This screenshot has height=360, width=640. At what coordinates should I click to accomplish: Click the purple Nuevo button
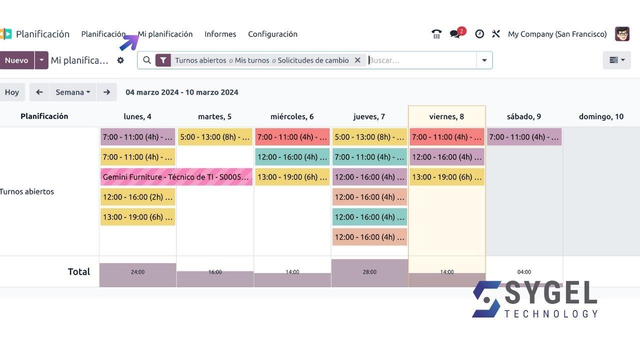[x=16, y=60]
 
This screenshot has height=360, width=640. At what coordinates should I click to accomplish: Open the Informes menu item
[x=220, y=34]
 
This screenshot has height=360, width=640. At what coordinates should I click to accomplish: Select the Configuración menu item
[x=272, y=34]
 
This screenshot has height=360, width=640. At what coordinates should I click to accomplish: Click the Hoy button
[x=12, y=92]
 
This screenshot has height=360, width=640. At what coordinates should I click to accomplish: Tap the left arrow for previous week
[x=39, y=92]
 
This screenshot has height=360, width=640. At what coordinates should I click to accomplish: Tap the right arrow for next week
[x=106, y=92]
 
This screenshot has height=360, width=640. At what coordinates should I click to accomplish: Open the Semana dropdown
[x=73, y=92]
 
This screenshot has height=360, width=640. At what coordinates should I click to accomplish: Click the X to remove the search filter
[x=357, y=60]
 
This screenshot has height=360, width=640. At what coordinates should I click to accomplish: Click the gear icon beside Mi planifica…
[x=120, y=60]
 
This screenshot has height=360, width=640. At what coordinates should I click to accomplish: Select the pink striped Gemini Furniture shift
[x=176, y=177]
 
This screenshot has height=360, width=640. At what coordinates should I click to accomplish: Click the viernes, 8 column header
[x=446, y=116]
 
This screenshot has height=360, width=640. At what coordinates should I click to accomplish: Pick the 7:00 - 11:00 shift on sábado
[x=524, y=137]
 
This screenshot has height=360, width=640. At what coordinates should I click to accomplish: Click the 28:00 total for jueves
[x=369, y=272]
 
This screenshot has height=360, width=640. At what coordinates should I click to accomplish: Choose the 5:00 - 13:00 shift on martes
[x=215, y=137]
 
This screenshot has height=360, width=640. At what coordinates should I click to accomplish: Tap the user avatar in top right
[x=622, y=34]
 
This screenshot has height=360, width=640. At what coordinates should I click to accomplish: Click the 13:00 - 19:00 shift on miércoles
[x=292, y=177]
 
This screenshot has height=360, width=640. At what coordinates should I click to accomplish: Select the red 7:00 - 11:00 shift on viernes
[x=447, y=137]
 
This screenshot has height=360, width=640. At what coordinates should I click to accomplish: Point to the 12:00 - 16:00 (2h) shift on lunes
[x=137, y=197]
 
